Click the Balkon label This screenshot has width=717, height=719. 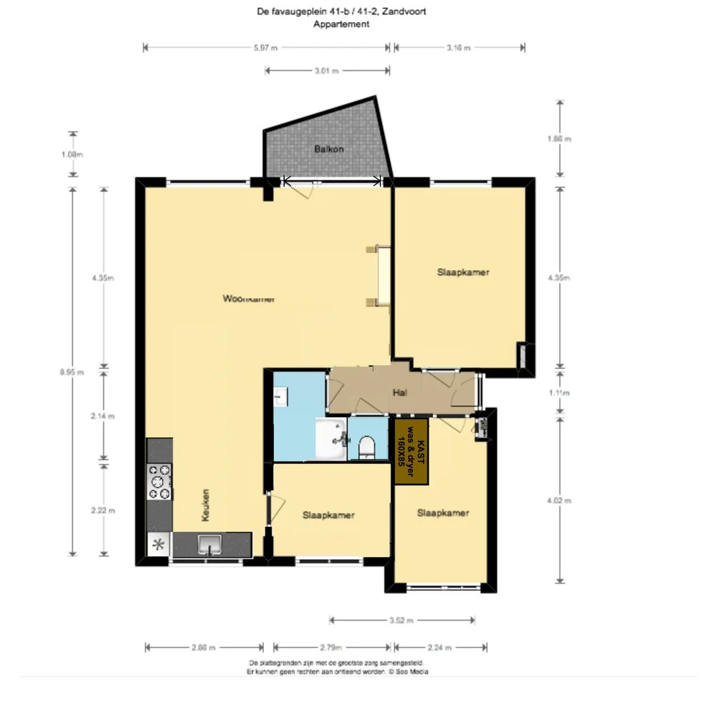329,150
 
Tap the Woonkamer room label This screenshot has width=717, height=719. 248,299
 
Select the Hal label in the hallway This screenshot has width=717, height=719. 400,392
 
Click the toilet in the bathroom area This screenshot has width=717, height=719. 366,447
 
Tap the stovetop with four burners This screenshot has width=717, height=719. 159,482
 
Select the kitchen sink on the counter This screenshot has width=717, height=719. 210,544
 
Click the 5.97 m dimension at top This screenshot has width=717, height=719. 265,48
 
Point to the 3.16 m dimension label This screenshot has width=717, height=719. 458,48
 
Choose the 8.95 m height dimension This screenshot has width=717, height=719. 72,371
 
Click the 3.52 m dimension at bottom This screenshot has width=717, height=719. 401,620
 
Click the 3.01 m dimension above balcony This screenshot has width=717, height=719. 326,71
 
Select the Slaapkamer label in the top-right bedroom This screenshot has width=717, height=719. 463,272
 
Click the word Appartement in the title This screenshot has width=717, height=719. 341,24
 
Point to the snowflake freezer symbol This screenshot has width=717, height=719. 159,544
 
